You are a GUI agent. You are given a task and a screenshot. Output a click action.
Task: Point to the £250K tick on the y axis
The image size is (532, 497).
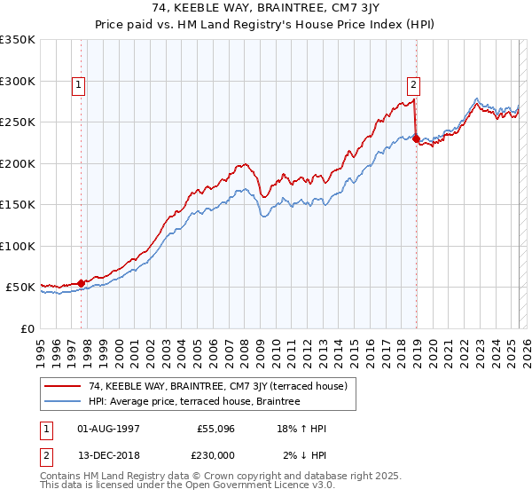18,122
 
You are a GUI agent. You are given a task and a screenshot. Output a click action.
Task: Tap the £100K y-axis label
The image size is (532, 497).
18,246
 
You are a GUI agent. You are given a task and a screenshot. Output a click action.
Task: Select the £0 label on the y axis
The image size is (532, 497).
27,328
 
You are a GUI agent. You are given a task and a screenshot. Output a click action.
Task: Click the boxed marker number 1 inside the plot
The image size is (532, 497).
80,85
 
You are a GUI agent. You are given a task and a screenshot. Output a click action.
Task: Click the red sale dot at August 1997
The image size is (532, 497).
81,283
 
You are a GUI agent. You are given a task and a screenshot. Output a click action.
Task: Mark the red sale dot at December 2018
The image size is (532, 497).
417,138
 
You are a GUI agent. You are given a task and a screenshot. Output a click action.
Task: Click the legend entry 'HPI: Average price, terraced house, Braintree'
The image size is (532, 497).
194,401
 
